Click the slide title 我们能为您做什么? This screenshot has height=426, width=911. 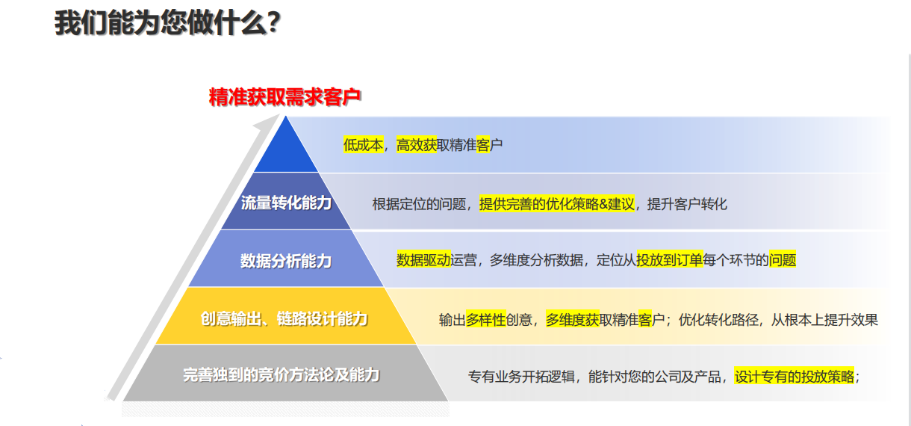(167, 22)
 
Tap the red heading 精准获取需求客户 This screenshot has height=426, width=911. (285, 97)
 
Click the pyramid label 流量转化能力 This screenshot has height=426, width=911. (286, 203)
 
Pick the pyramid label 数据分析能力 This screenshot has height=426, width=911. (286, 260)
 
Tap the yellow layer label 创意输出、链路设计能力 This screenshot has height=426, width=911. (285, 318)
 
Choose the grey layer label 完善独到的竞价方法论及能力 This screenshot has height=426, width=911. (282, 374)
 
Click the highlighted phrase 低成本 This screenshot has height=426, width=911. (363, 145)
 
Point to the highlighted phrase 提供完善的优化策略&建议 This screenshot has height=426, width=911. (557, 204)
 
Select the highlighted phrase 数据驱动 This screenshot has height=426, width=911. (423, 259)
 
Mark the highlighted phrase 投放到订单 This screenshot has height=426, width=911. (669, 259)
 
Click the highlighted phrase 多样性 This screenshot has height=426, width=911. (485, 320)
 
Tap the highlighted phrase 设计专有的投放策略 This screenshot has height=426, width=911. (795, 377)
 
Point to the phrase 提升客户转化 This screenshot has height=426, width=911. (687, 204)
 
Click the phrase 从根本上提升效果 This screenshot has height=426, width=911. (825, 320)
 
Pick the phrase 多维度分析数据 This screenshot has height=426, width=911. (536, 259)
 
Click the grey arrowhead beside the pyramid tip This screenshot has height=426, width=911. (268, 122)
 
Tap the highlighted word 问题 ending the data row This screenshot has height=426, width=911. (783, 259)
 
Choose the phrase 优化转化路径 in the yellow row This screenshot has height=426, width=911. (718, 320)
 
